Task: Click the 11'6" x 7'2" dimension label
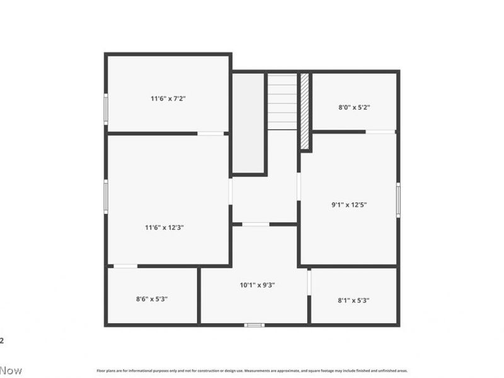tap(168, 98)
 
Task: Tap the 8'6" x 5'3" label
tap(152, 299)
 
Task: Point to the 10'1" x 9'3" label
tap(257, 285)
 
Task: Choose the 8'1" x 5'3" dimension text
tap(353, 301)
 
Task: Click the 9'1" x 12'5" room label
tap(350, 204)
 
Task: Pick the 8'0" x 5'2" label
tap(354, 107)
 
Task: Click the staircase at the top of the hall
tap(282, 101)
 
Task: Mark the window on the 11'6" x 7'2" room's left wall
tap(106, 109)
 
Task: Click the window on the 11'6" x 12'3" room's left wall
tap(106, 196)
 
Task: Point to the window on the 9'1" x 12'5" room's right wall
tap(398, 200)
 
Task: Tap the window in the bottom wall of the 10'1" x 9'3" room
tap(254, 325)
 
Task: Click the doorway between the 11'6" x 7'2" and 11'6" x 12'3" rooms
tap(211, 134)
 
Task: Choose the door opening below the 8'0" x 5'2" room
tap(381, 132)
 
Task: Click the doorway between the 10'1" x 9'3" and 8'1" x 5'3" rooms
tap(309, 282)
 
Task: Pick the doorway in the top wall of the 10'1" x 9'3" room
tap(256, 224)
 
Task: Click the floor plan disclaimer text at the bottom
tap(252, 371)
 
